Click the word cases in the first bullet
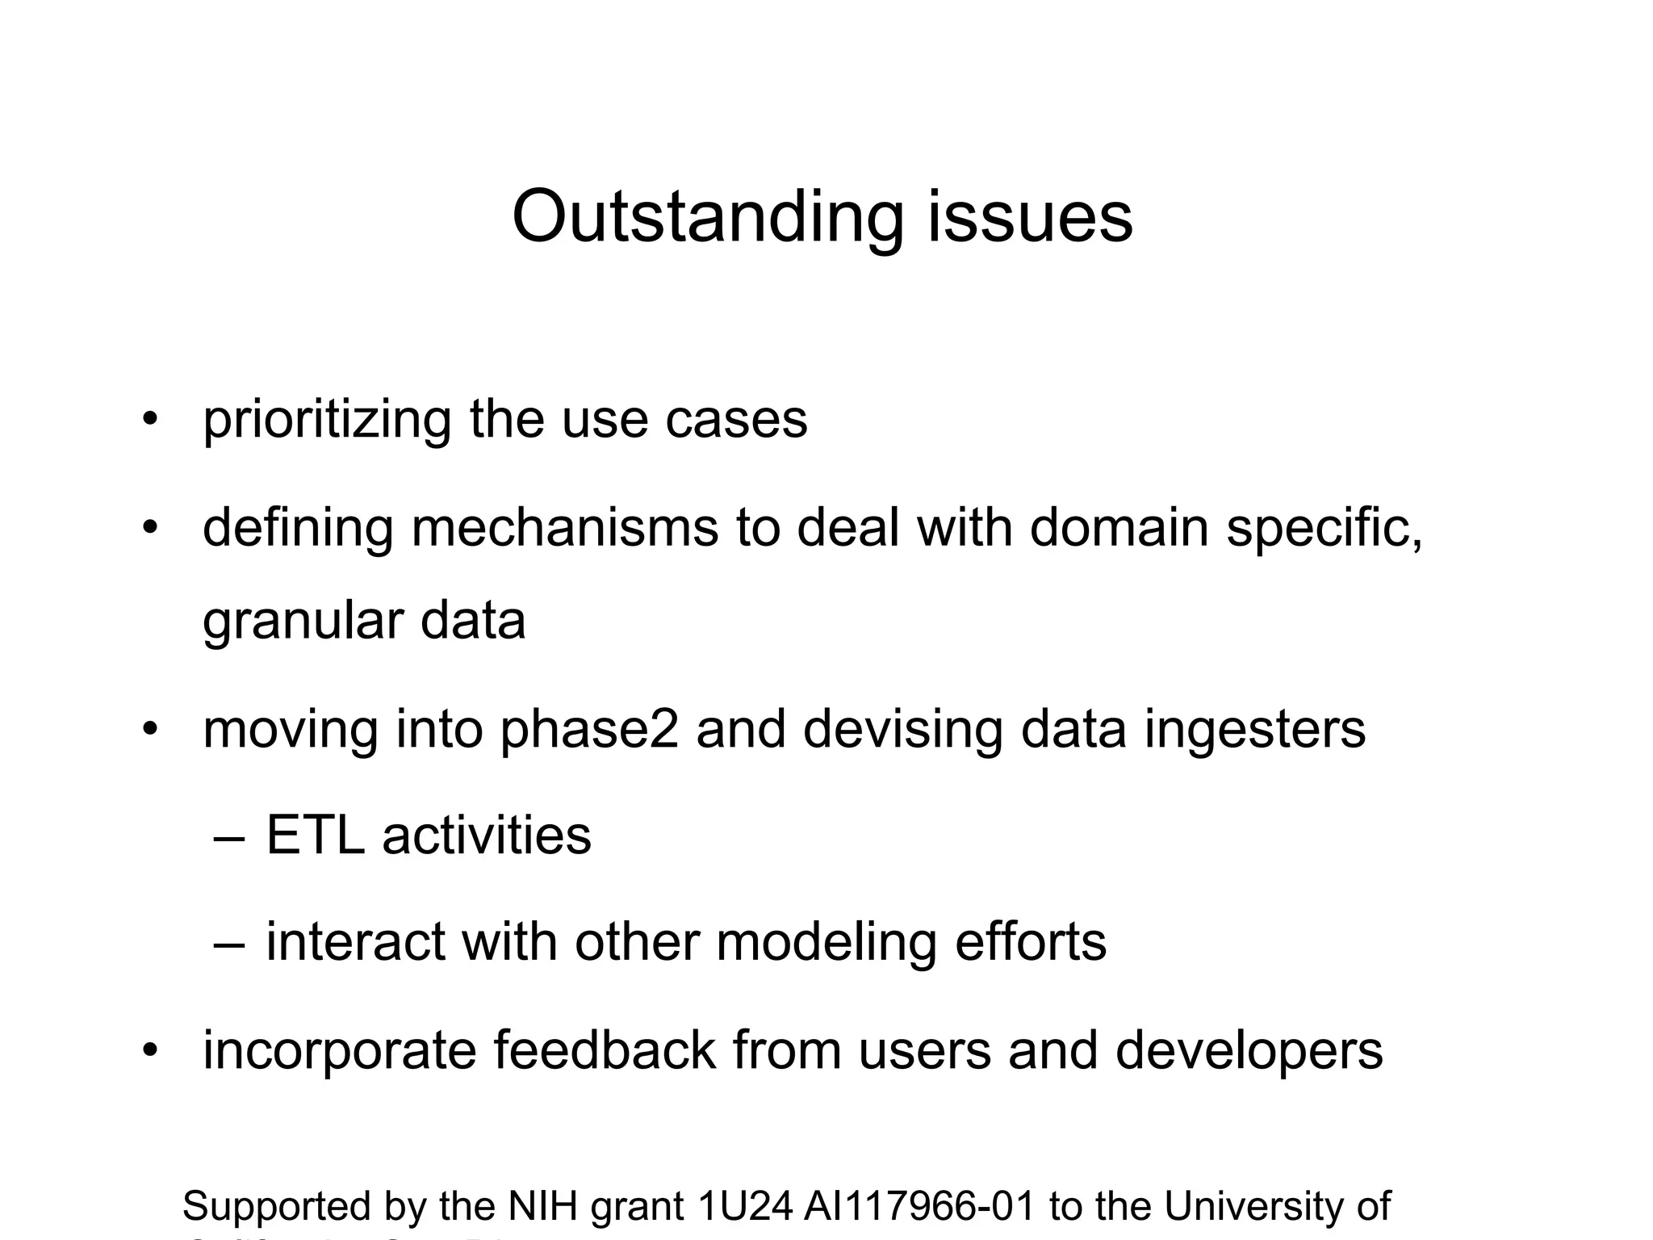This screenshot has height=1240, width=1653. coord(736,421)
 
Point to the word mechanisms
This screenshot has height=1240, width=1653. coord(565,528)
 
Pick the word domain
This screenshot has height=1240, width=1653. coord(1119,528)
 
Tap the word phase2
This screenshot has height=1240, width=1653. coord(589,730)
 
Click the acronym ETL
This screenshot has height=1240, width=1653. coord(315,836)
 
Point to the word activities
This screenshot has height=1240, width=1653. coord(487,836)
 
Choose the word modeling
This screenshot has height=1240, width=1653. coord(826,943)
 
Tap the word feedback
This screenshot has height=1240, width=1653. coord(605,1050)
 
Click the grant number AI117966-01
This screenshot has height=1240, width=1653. coord(919,1206)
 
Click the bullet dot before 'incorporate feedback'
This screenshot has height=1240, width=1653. coord(149,1050)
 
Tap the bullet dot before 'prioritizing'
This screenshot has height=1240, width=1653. coord(149,420)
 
